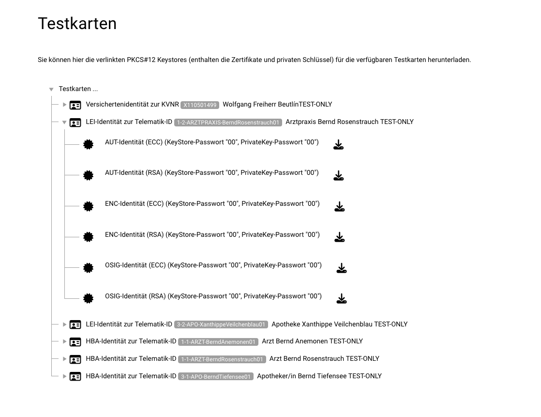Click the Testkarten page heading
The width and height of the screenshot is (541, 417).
pos(77,23)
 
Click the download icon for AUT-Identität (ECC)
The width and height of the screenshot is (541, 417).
pos(338,145)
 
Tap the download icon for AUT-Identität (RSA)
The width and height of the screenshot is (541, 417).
pos(338,176)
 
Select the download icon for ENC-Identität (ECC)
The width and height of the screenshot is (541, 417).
pos(339,207)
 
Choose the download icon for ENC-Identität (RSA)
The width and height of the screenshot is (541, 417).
pos(339,237)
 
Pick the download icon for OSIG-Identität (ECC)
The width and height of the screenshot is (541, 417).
pos(341,268)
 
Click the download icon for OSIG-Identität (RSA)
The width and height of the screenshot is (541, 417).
pos(341,299)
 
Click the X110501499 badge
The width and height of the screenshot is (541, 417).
pos(200,105)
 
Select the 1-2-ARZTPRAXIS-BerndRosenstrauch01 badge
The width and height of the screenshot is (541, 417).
pos(228,123)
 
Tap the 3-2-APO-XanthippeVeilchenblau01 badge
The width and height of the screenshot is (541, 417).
pos(221,324)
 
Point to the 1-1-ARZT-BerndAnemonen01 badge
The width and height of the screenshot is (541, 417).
pos(218,342)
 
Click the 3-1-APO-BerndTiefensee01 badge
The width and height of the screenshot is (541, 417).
pos(216,376)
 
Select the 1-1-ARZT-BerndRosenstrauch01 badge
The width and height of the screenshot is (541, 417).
pos(222,359)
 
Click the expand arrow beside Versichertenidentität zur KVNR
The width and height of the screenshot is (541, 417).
pos(64,105)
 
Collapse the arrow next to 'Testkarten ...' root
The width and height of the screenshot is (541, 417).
pos(51,90)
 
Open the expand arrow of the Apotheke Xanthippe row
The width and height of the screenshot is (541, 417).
pos(64,324)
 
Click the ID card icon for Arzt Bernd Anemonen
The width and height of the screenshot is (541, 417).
pos(75,342)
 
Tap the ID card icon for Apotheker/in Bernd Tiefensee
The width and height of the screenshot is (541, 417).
pos(75,376)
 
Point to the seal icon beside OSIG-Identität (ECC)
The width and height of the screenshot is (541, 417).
pos(88,268)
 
